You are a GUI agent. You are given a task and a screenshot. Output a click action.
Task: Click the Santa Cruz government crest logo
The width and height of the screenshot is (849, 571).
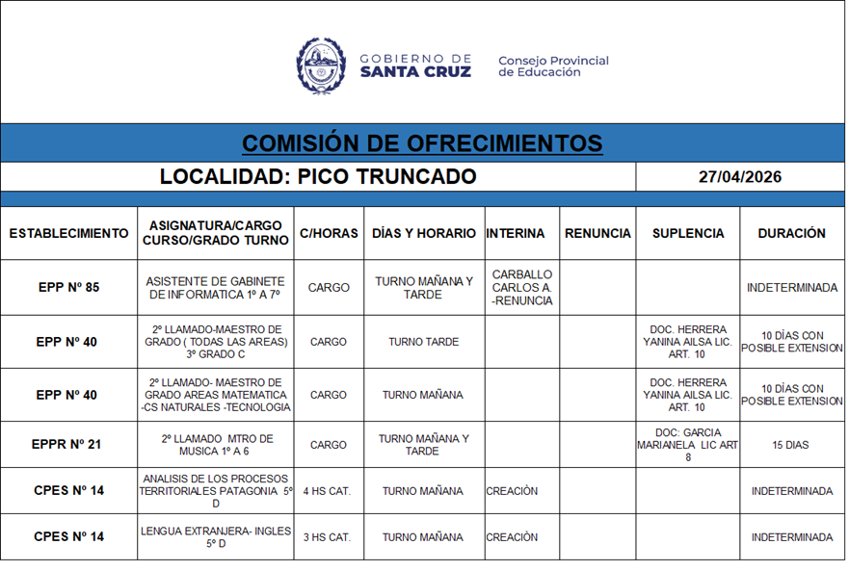pyautogui.click(x=320, y=65)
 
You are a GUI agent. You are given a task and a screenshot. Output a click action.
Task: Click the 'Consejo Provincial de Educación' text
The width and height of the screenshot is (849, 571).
pyautogui.click(x=553, y=66)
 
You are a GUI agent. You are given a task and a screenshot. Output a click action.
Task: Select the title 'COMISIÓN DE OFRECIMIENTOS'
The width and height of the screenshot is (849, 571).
pyautogui.click(x=422, y=143)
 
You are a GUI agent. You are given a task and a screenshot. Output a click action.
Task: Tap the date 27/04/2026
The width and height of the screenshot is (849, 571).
pyautogui.click(x=740, y=177)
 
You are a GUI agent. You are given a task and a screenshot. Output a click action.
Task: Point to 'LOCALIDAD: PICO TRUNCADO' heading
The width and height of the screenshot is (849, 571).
pyautogui.click(x=318, y=177)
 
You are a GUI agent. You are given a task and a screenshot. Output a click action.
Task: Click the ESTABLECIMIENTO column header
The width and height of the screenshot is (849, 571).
pyautogui.click(x=68, y=233)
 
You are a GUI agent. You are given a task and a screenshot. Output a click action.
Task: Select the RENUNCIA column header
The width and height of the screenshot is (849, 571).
pyautogui.click(x=597, y=233)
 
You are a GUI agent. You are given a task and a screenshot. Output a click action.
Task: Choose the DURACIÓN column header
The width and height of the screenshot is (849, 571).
pyautogui.click(x=791, y=233)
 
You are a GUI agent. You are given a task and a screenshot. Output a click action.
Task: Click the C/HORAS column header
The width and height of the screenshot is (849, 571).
pyautogui.click(x=329, y=233)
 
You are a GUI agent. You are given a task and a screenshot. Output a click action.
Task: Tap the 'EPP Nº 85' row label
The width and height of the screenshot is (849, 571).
pyautogui.click(x=68, y=287)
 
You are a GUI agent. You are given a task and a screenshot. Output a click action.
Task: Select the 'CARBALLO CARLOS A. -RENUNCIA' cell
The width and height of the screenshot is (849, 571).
pyautogui.click(x=521, y=287)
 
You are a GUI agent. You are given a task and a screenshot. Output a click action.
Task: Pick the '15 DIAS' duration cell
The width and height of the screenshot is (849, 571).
pyautogui.click(x=790, y=446)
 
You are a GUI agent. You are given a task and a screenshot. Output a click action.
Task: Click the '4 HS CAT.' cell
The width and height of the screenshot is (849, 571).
pyautogui.click(x=327, y=491)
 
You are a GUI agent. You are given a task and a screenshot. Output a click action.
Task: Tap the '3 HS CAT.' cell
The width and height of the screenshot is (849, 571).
pyautogui.click(x=327, y=537)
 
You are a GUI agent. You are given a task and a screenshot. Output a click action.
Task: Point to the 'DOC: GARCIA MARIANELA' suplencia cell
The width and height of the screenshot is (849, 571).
pyautogui.click(x=688, y=445)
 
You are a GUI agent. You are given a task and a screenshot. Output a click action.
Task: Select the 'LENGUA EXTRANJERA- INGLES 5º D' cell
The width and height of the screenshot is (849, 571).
pyautogui.click(x=216, y=537)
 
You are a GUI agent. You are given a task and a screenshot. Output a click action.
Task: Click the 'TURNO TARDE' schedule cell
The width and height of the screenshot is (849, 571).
pyautogui.click(x=423, y=342)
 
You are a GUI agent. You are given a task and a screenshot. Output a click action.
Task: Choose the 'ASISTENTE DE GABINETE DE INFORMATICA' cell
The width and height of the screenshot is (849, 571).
pyautogui.click(x=216, y=287)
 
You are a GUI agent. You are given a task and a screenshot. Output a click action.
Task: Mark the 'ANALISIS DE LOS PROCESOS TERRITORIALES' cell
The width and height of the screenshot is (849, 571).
pyautogui.click(x=216, y=491)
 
